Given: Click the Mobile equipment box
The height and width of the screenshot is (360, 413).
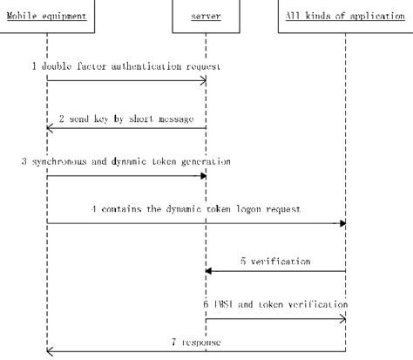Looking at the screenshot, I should (x=47, y=15).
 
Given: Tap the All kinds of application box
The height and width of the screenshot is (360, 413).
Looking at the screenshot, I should (x=345, y=15).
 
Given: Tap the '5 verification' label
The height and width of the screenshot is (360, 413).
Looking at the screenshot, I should (x=277, y=259).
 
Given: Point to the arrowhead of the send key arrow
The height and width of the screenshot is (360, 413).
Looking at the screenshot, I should (x=51, y=129).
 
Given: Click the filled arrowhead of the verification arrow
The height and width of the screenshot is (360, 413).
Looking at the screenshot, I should (x=208, y=271).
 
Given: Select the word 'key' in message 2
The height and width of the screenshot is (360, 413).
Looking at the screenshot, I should (x=107, y=114).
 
